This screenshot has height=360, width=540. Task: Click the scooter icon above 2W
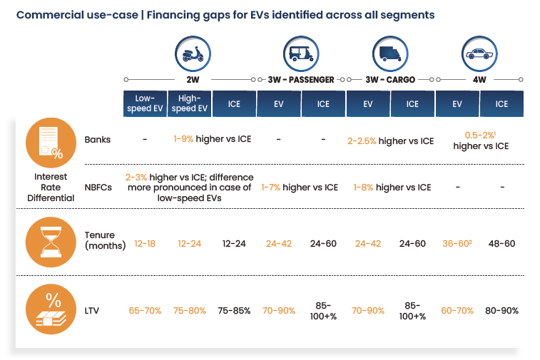[x=193, y=54]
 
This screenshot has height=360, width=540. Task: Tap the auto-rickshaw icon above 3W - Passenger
[x=301, y=54]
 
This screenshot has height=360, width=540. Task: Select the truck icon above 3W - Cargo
[x=390, y=54]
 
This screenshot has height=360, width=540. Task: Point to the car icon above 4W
[x=479, y=54]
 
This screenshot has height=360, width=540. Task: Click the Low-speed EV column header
[x=145, y=103]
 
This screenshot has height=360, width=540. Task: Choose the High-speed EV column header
[x=190, y=103]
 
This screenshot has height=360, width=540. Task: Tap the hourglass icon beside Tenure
[x=51, y=242]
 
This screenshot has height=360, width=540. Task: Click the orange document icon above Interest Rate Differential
[x=51, y=143]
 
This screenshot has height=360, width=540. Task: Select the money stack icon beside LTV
[x=51, y=309]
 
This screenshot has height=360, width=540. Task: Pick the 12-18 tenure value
[x=145, y=244]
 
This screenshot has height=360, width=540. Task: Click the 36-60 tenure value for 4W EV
[x=457, y=244]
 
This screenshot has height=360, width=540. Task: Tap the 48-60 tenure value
[x=501, y=244]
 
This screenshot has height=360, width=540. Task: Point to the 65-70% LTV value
[x=145, y=311]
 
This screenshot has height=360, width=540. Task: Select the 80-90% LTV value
[x=501, y=311]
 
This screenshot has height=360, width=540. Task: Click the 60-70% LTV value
[x=457, y=311]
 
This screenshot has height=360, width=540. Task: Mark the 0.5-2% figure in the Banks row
[x=480, y=135]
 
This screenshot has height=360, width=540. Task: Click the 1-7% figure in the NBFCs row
[x=270, y=187]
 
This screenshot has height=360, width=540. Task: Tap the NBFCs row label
[x=98, y=187]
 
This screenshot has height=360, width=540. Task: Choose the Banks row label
[x=98, y=140]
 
